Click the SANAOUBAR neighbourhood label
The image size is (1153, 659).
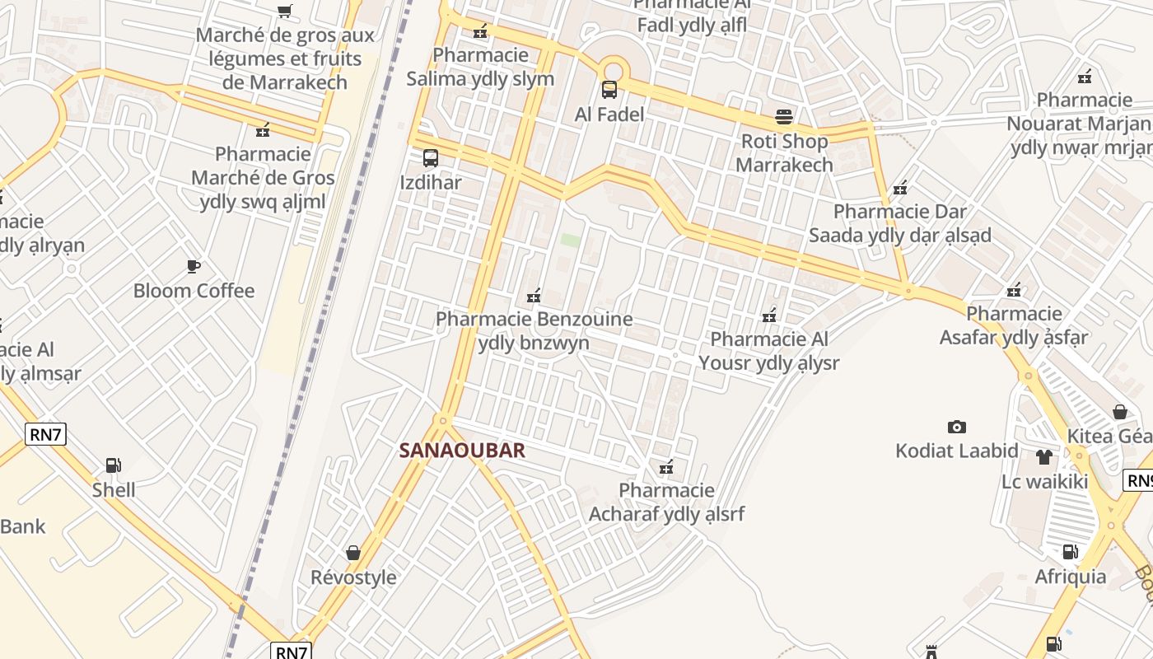[462, 451]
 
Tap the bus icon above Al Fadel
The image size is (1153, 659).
[609, 90]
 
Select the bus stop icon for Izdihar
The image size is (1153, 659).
[430, 158]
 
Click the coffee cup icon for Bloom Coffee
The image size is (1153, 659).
[194, 266]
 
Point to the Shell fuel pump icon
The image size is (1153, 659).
[114, 466]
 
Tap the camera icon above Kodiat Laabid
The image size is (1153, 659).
[956, 427]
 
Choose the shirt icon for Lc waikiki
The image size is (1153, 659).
[1044, 457]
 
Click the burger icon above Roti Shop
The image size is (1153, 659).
[783, 117]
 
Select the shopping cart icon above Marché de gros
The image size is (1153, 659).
[285, 12]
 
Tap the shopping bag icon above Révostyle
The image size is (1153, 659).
[353, 552]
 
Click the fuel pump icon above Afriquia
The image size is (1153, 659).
[1070, 552]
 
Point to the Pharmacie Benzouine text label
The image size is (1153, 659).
[534, 330]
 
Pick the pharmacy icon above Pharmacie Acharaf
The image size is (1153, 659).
[666, 468]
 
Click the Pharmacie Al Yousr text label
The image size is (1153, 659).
[769, 351]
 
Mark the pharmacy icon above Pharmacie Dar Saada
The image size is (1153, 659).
[900, 188]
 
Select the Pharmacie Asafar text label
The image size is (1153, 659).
[1015, 325]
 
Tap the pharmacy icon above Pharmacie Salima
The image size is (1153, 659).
[480, 32]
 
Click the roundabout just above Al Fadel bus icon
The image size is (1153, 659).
[612, 69]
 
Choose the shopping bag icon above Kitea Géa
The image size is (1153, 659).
[1120, 412]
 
